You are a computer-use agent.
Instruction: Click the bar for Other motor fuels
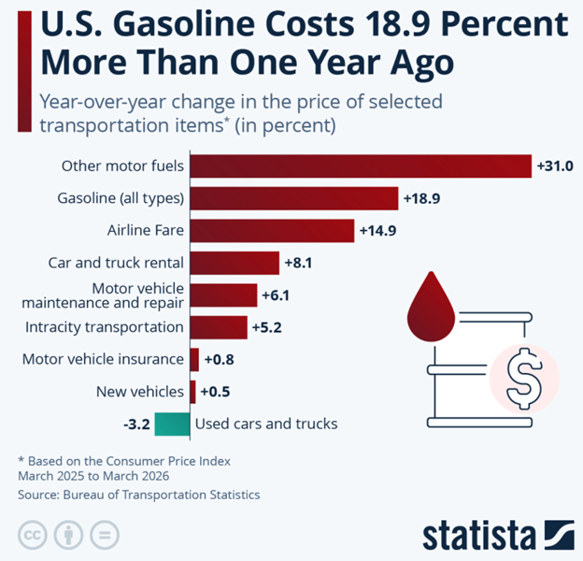[x=361, y=166]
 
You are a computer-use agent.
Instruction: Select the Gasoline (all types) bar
[x=294, y=198]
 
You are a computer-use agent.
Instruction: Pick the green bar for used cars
[x=172, y=424]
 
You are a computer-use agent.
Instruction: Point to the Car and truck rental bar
[x=235, y=263]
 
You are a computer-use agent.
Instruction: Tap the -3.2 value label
[x=136, y=424]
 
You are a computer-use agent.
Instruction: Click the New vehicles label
[x=140, y=391]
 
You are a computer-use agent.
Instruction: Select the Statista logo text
[x=479, y=534]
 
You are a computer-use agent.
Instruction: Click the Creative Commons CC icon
[x=33, y=537]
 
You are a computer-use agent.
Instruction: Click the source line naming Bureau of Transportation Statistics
[x=139, y=495]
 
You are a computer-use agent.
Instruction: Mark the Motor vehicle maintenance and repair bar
[x=222, y=295]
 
